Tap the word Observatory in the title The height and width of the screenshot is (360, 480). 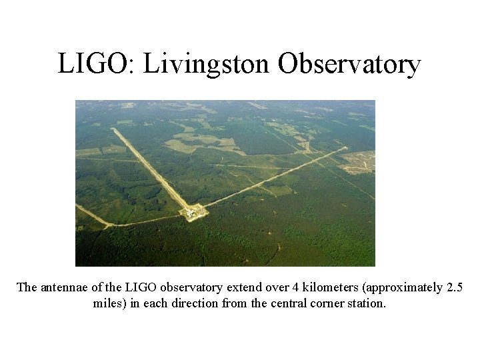click(x=349, y=65)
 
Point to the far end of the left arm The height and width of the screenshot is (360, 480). click(x=115, y=130)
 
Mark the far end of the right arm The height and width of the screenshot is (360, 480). click(x=345, y=148)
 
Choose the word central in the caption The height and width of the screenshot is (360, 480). click(x=291, y=303)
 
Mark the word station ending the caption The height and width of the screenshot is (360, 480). click(x=367, y=303)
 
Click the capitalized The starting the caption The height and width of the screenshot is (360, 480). click(x=27, y=287)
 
